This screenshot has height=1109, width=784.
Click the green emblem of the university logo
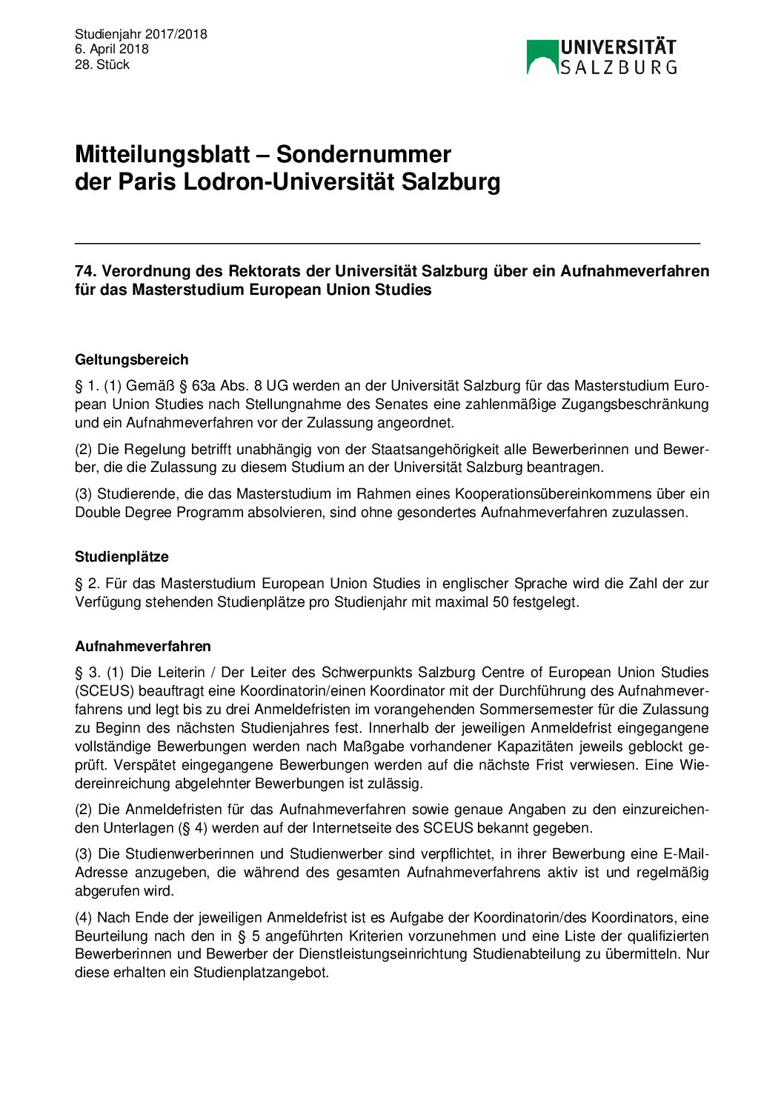[542, 56]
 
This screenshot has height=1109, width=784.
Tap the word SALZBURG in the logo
[618, 67]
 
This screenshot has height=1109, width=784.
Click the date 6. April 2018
[111, 49]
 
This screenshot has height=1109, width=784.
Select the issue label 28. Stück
[102, 64]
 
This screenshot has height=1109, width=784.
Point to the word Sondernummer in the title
[364, 154]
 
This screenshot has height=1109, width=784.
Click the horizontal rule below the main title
[388, 243]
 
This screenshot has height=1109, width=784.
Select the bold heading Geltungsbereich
[132, 360]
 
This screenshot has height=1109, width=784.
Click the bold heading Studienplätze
[122, 557]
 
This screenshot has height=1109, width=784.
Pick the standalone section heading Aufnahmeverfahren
[143, 647]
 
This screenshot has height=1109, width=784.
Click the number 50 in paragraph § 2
[500, 602]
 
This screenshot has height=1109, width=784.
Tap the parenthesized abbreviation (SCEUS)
[104, 691]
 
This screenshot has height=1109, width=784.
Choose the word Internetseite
[355, 828]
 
